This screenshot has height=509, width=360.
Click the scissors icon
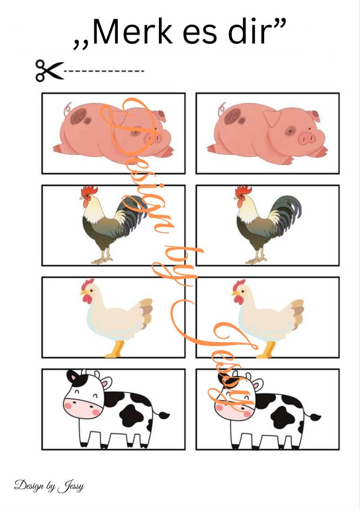click(x=49, y=71)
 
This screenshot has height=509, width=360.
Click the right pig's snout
click(x=307, y=139)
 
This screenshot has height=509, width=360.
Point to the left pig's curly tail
click(x=67, y=109)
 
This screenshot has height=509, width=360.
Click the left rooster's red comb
click(x=89, y=190)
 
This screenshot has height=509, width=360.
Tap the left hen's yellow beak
click(x=84, y=293)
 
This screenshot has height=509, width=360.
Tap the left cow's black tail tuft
click(x=164, y=415)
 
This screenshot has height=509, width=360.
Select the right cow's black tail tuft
click(x=315, y=416)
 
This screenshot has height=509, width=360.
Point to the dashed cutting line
click(x=104, y=71)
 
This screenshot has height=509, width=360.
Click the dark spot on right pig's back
click(x=233, y=116)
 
